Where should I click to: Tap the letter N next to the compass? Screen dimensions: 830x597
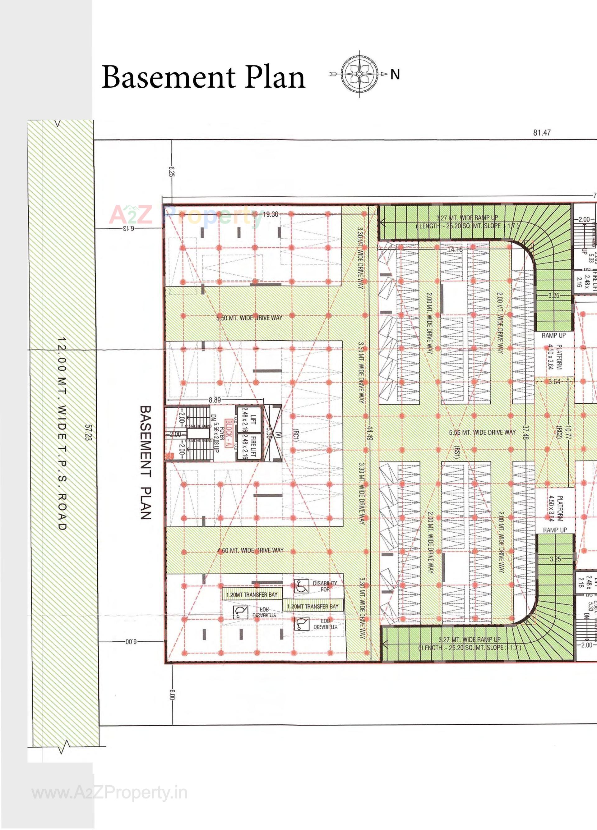point(395,75)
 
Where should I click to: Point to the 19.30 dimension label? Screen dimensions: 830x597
point(270,214)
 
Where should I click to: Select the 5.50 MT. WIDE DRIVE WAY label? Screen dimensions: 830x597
point(249,318)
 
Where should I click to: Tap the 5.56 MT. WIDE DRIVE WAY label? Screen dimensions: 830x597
point(482,432)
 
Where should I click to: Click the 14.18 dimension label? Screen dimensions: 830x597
point(455,250)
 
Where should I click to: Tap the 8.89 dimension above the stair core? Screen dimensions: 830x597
point(215,400)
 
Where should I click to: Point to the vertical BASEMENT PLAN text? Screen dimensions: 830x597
point(146,462)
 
